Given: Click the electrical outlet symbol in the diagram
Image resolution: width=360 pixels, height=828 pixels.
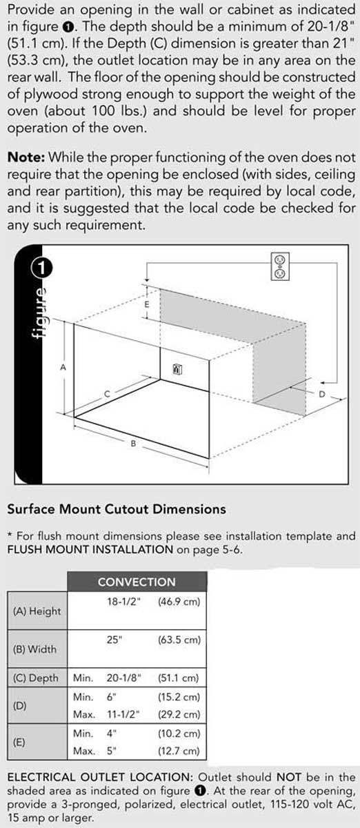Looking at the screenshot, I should point(279,266).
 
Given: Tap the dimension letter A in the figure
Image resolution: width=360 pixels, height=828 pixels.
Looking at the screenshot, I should point(63,368).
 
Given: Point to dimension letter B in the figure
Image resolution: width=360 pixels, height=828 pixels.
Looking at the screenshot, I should point(133,444).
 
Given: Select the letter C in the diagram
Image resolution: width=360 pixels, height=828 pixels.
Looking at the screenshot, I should point(106,393).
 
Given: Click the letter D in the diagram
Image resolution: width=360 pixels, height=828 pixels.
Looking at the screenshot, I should point(321,394).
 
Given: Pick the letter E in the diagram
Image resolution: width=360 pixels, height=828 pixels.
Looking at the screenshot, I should point(146,304).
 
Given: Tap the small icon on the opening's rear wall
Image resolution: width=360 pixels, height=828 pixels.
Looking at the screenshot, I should point(177,370).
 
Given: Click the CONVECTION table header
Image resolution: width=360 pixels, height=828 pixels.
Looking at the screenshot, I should point(137,582).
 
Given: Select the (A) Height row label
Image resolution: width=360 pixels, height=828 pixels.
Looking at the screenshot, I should point(37,611).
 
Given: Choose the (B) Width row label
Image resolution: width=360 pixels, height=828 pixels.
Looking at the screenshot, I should point(35,649).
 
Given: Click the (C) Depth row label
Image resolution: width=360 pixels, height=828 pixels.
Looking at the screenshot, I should point(37,678).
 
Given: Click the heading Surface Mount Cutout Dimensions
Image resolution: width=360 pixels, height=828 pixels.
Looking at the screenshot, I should point(117,509).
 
